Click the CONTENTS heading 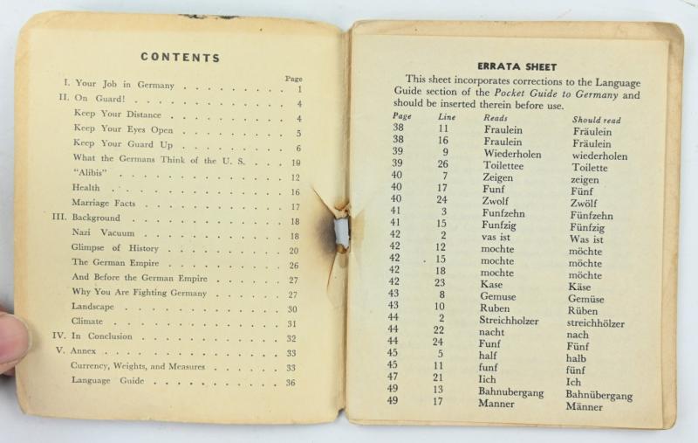pyautogui.click(x=180, y=58)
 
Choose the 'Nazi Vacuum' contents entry pyautogui.click(x=101, y=235)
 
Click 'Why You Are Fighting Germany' pyautogui.click(x=140, y=293)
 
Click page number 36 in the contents pyautogui.click(x=292, y=382)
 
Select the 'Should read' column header pyautogui.click(x=597, y=120)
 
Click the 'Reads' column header pyautogui.click(x=496, y=117)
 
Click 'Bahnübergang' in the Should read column pyautogui.click(x=601, y=395)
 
